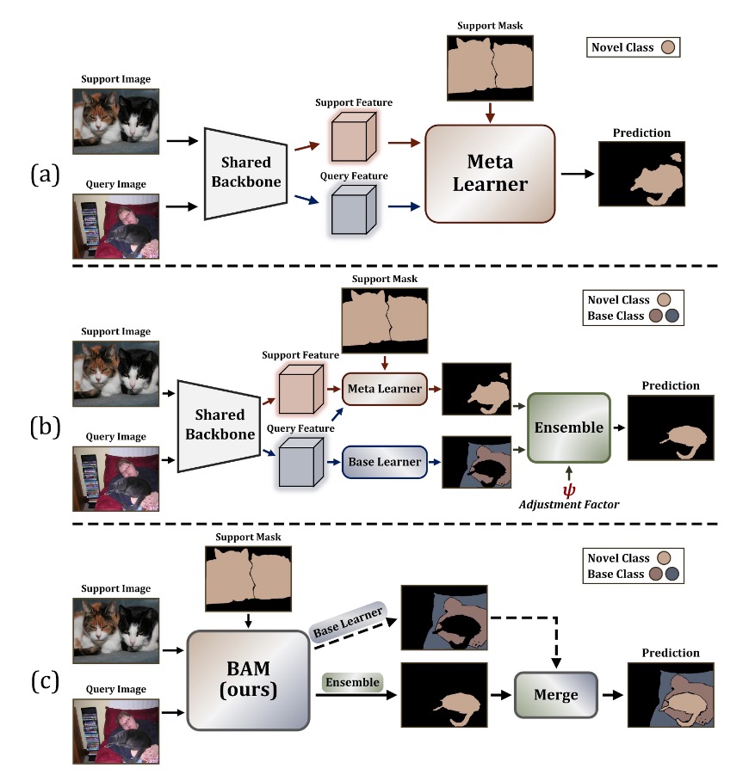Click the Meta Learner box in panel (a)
click(490, 174)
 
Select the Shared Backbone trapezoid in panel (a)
click(246, 173)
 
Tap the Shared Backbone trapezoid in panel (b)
click(220, 424)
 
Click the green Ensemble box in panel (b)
click(568, 427)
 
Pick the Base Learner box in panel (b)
click(386, 462)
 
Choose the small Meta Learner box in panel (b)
click(385, 389)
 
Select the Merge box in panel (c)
click(555, 694)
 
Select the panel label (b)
click(43, 426)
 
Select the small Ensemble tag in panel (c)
click(353, 683)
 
